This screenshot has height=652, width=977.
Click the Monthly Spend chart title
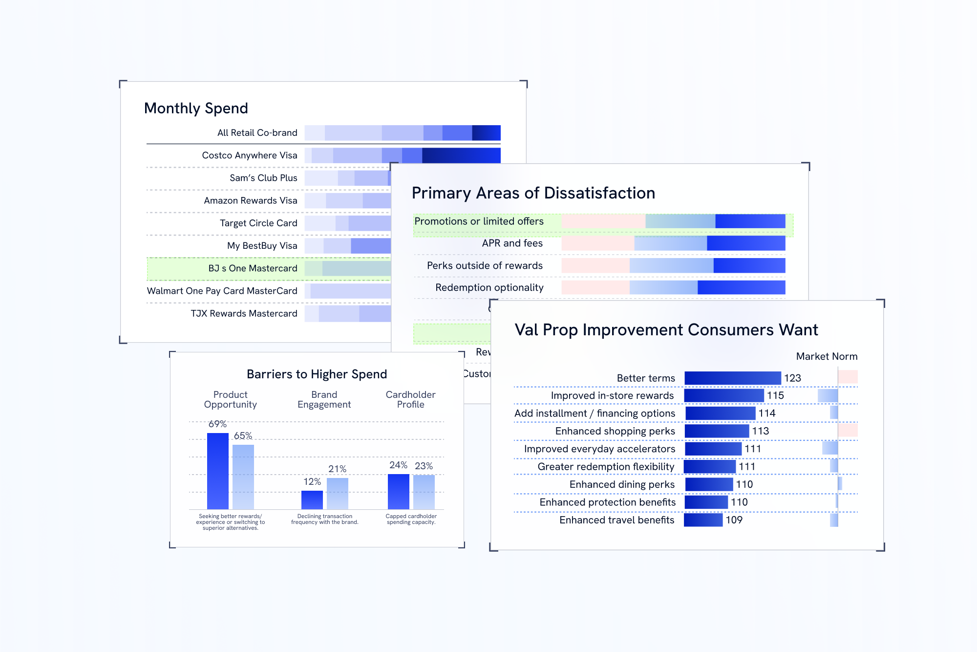click(x=196, y=108)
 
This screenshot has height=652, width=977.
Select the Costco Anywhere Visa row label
click(x=249, y=155)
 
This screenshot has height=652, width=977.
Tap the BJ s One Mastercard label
click(x=253, y=268)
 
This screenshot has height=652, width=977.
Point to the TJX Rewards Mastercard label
click(x=244, y=313)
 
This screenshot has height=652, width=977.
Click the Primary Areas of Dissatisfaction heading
click(x=533, y=193)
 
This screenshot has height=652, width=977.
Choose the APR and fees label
click(x=512, y=243)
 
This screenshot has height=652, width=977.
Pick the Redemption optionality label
click(x=489, y=287)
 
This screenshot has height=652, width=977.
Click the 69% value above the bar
click(x=217, y=424)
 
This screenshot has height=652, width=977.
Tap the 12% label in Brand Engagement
click(x=312, y=481)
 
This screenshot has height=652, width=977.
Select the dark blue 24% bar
click(x=398, y=491)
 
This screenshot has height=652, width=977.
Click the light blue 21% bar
click(x=337, y=493)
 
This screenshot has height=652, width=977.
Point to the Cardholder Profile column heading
click(x=410, y=399)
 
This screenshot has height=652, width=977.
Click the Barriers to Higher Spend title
click(x=317, y=374)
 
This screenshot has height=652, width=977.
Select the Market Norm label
click(x=827, y=356)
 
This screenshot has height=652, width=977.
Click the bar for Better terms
click(x=732, y=378)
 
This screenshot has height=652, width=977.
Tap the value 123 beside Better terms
click(x=792, y=378)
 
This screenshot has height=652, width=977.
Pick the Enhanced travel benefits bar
click(x=703, y=520)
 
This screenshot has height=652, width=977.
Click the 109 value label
click(x=734, y=520)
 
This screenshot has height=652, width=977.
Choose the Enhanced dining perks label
click(x=622, y=484)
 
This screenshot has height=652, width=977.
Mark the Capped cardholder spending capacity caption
click(x=411, y=519)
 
